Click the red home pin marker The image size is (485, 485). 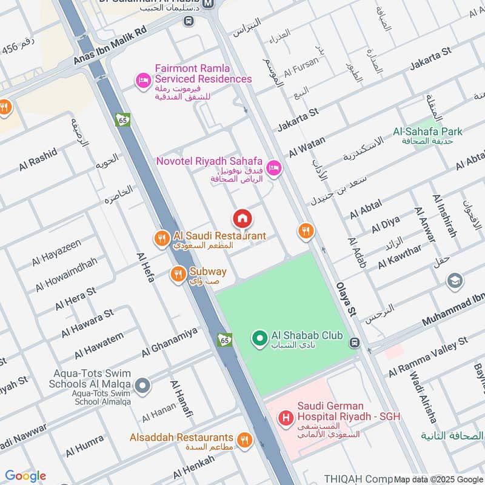[242, 218]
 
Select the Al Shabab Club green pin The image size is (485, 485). [259, 337]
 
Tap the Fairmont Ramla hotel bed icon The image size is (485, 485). [143, 80]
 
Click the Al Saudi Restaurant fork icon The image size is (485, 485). [161, 238]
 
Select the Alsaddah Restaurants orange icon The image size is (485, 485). [244, 440]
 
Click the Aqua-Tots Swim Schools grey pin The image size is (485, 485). [142, 384]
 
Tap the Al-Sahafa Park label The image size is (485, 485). [427, 132]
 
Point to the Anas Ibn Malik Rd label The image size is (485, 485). [110, 47]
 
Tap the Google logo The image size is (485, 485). [25, 476]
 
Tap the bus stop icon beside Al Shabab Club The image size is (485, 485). [355, 343]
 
